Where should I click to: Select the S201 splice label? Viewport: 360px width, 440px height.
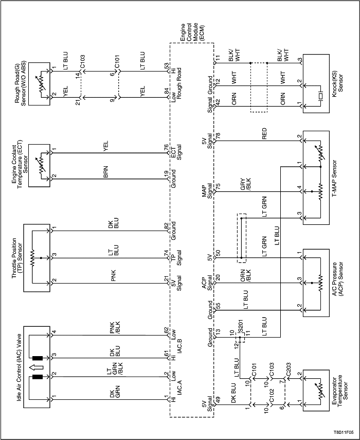point(239,328)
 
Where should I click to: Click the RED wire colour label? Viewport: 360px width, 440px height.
point(265,138)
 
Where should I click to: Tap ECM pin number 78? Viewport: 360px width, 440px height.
point(218,136)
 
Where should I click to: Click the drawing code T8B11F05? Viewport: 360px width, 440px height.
point(343,432)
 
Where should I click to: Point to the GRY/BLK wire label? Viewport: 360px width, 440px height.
point(244,189)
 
